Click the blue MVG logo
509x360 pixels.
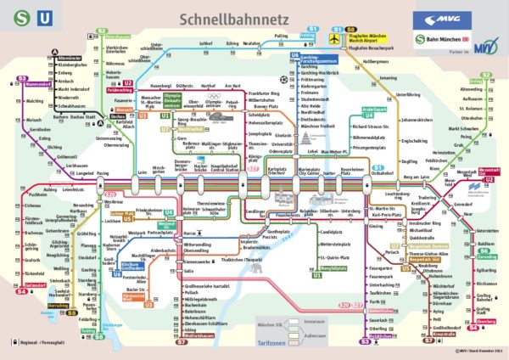point(436,18)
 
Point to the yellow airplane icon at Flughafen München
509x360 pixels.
point(333,39)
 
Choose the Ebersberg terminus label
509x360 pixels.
point(487,322)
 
